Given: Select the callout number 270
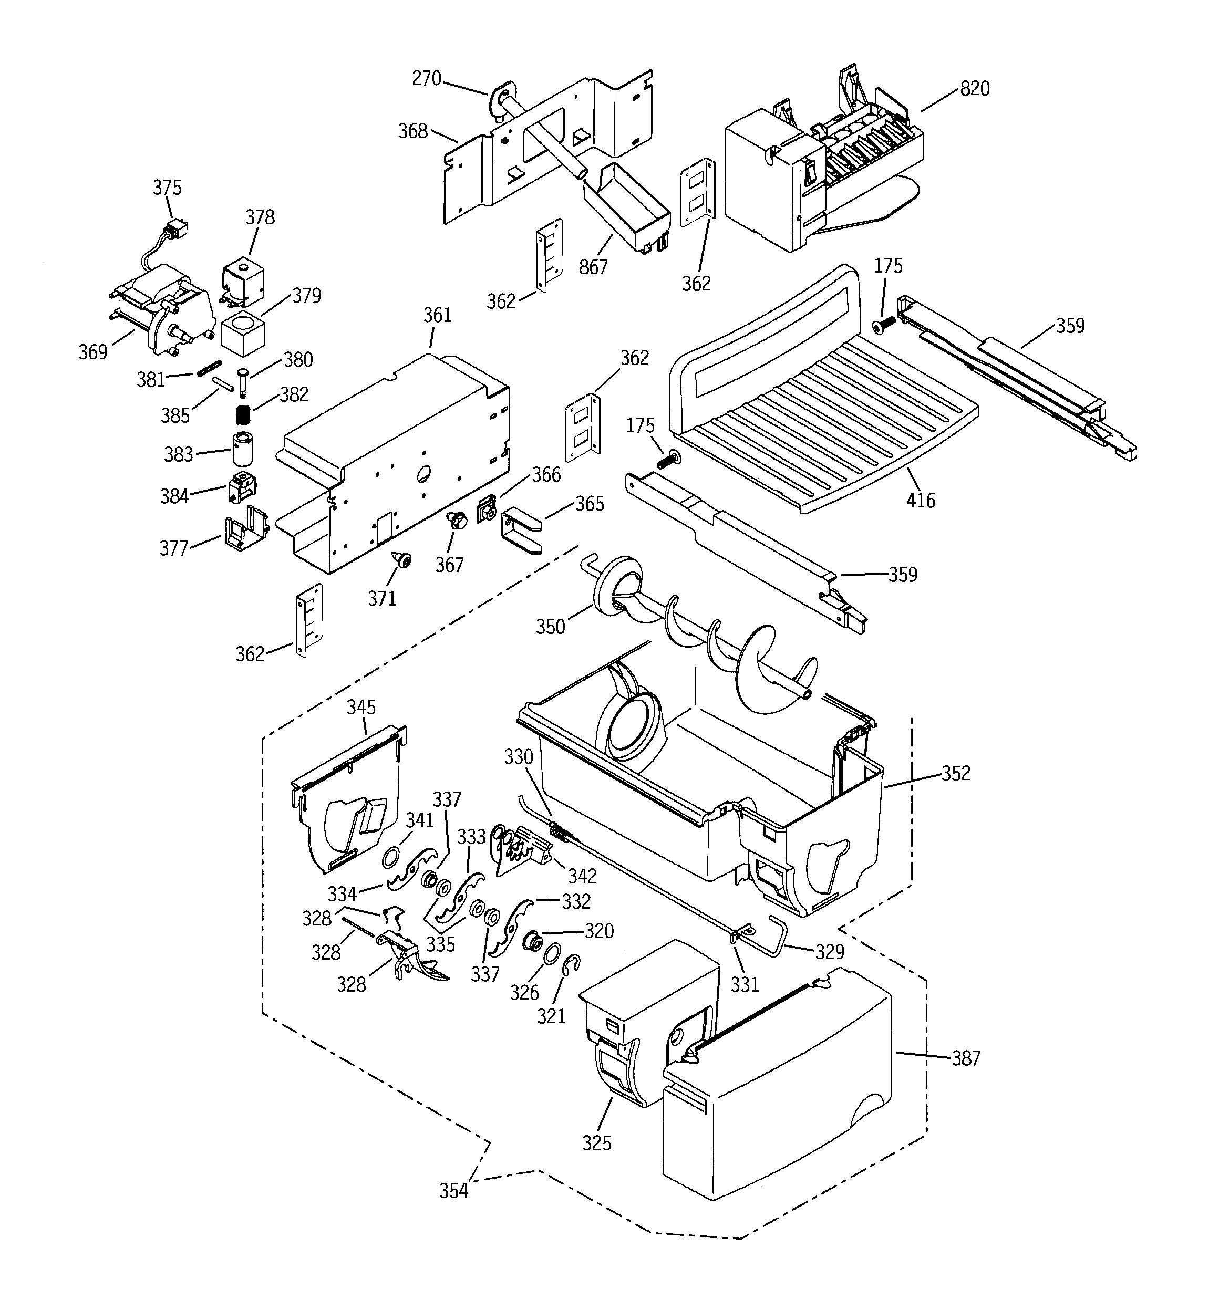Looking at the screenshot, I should pyautogui.click(x=426, y=78).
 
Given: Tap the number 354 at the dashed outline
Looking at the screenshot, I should pyautogui.click(x=453, y=1191).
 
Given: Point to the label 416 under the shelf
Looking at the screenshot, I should pyautogui.click(x=921, y=501).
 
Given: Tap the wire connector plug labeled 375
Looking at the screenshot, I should pyautogui.click(x=174, y=230).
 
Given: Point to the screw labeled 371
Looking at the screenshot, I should pyautogui.click(x=401, y=559).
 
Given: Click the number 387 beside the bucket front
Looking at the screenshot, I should pyautogui.click(x=966, y=1058).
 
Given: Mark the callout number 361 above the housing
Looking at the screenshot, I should pyautogui.click(x=437, y=315).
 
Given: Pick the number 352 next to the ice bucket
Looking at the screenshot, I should pyautogui.click(x=955, y=773).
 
